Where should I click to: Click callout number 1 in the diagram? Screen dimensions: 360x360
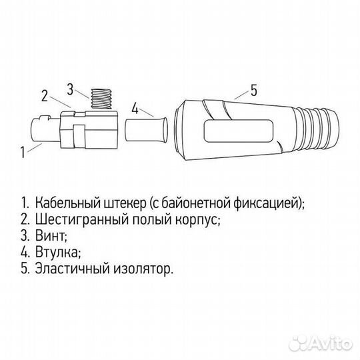point(24,151)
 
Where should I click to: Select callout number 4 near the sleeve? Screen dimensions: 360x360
point(135,107)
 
